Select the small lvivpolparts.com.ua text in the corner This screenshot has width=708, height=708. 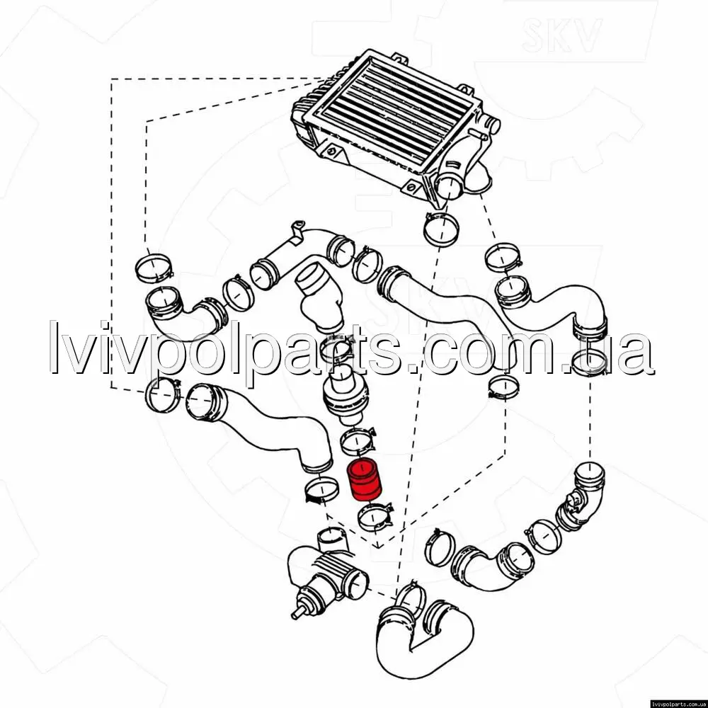click(x=678, y=704)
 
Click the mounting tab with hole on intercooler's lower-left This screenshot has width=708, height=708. click(x=332, y=152)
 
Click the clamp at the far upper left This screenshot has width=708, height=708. click(x=154, y=268)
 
